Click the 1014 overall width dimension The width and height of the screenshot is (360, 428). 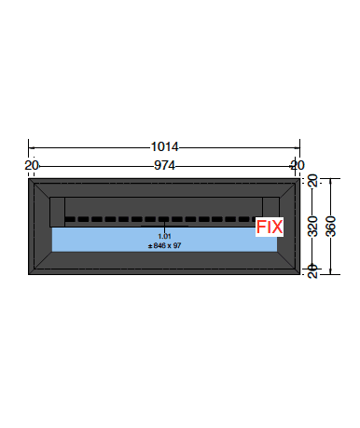click(x=164, y=146)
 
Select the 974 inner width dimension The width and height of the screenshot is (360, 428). click(x=164, y=165)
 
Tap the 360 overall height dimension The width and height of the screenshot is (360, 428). click(x=331, y=227)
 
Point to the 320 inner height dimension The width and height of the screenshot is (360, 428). click(x=312, y=227)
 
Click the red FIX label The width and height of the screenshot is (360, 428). click(x=270, y=227)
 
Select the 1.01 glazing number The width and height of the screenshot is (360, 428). click(x=164, y=236)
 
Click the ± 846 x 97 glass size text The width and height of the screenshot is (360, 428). click(x=164, y=245)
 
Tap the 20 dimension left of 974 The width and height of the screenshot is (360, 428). click(x=32, y=165)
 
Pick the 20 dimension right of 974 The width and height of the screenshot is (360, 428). click(x=298, y=165)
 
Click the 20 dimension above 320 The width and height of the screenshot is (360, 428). click(x=312, y=181)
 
